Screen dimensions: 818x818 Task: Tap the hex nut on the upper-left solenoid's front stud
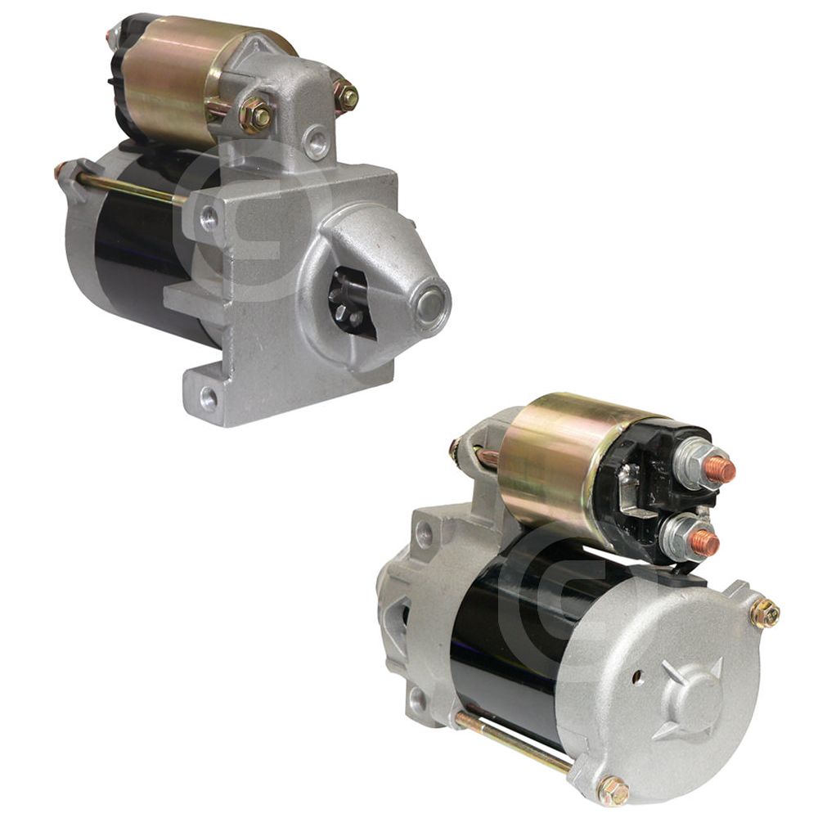click(257, 115)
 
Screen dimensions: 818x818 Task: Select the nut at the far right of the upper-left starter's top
click(347, 97)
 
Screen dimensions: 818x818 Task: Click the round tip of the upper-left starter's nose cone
click(430, 304)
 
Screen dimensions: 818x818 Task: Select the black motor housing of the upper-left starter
click(135, 262)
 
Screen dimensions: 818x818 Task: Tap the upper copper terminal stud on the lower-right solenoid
click(719, 470)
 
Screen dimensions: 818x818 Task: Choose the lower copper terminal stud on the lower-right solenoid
click(703, 542)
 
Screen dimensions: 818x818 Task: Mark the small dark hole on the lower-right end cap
click(638, 677)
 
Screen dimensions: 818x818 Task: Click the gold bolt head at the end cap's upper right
click(764, 613)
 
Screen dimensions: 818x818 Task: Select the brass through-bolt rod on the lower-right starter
click(515, 740)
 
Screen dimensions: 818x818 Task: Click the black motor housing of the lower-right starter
click(499, 630)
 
